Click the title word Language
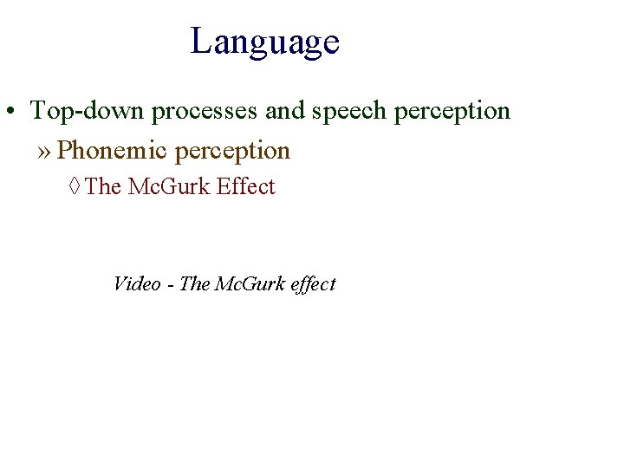[x=264, y=42]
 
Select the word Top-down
[x=88, y=111]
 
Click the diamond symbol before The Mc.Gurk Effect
[x=75, y=187]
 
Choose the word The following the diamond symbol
[x=104, y=186]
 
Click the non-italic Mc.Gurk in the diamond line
[x=169, y=186]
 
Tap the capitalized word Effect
[x=246, y=186]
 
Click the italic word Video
[x=137, y=283]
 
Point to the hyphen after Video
[x=170, y=284]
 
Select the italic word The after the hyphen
[x=194, y=283]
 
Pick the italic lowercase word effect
[x=315, y=284]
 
